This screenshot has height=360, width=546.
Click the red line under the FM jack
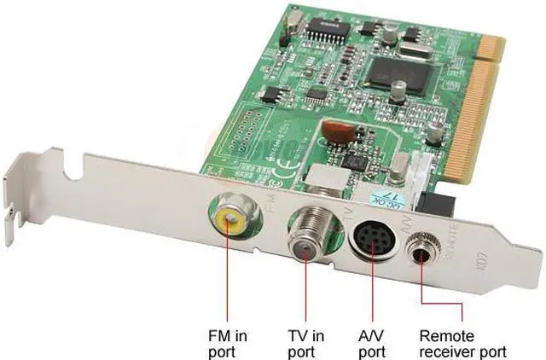228,273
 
